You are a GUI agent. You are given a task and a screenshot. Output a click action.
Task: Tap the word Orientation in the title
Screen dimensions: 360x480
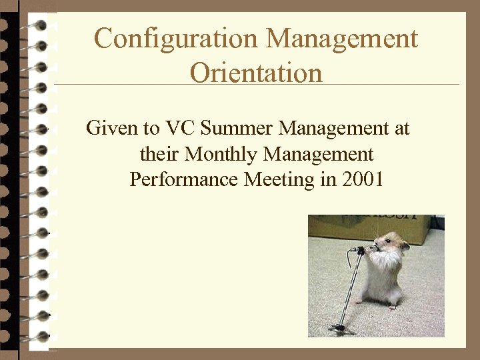click(256, 72)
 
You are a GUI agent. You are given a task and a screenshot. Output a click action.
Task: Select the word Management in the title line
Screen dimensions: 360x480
click(343, 39)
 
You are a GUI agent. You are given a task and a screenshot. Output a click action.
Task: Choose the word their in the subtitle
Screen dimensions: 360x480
click(159, 154)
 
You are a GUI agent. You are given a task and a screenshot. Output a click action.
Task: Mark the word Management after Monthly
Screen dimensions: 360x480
click(319, 154)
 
